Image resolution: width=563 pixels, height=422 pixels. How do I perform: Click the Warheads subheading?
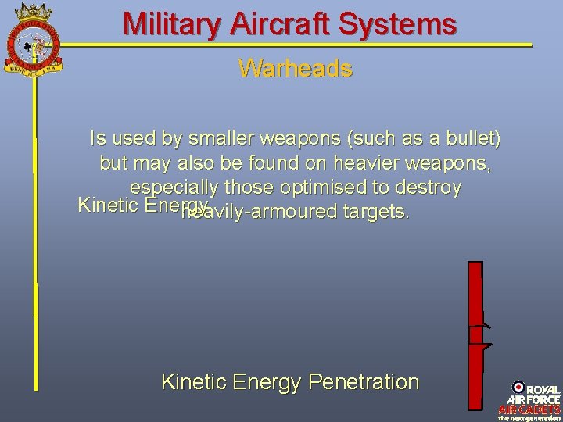coord(296,69)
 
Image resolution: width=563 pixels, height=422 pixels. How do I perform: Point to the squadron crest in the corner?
coord(34,37)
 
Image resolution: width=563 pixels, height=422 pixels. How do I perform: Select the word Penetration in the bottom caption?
coord(364,382)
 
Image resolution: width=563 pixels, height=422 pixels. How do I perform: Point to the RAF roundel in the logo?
coord(518,387)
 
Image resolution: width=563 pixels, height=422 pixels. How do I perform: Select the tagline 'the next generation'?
coord(530,417)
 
